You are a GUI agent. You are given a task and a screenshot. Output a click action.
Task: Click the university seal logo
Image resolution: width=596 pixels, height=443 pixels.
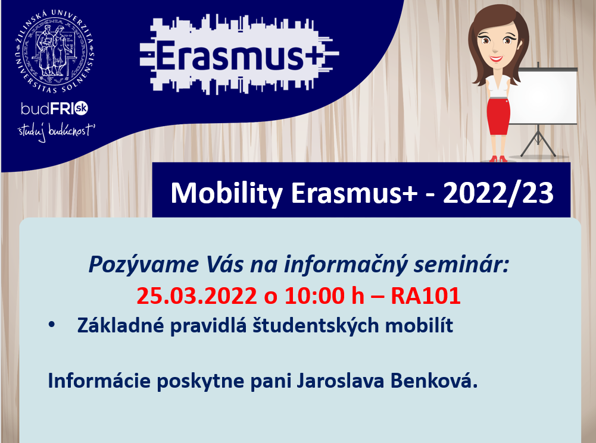pos(54,52)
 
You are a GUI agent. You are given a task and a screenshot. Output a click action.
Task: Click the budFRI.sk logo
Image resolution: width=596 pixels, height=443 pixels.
pos(54,109)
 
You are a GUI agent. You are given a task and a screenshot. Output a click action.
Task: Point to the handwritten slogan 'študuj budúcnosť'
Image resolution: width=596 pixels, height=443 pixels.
pos(56,131)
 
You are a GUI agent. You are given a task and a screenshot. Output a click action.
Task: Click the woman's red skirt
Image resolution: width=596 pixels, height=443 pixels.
pos(498,116)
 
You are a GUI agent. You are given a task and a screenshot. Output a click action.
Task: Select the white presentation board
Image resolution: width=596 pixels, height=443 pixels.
pos(543,96)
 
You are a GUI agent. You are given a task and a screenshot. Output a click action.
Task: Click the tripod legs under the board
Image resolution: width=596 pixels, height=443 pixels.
pos(538,142)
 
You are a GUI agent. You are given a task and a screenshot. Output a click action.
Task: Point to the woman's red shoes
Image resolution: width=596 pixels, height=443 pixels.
pos(498,159)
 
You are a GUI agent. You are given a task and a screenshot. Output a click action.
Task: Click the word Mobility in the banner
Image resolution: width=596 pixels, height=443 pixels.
pos(226,194)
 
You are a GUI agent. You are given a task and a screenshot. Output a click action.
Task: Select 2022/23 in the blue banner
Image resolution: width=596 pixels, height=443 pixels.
pos(498,193)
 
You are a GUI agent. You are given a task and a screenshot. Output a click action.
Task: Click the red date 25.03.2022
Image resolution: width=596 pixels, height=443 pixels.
pos(196,296)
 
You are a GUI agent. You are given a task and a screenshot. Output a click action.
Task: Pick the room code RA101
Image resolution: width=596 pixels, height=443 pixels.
pos(426,296)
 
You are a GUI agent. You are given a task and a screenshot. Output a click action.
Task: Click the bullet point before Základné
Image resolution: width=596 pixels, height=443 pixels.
pos(52,325)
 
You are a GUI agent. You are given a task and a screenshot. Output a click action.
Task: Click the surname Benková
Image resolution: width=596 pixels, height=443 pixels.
pos(434,381)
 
